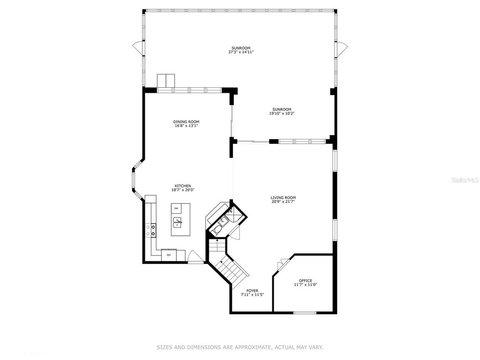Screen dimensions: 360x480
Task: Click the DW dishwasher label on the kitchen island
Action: [x=176, y=208]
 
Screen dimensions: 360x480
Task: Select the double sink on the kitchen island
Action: [x=178, y=221]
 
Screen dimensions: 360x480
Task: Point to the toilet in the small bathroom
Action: [x=217, y=230]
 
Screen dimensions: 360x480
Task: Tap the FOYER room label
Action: [x=252, y=291]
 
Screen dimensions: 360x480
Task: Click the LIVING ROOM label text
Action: [x=283, y=197]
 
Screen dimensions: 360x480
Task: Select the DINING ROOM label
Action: [x=186, y=122]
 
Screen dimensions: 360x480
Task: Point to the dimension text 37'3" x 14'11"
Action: [x=240, y=52]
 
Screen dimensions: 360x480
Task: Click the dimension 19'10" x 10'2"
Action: [x=282, y=113]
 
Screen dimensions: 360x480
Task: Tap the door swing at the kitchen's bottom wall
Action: [x=196, y=258]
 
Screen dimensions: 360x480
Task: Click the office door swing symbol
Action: [x=282, y=264]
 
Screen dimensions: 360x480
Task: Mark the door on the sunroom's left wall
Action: [x=137, y=47]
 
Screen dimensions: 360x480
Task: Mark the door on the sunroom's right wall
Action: [x=343, y=47]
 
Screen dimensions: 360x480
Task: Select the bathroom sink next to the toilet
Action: [x=224, y=220]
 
